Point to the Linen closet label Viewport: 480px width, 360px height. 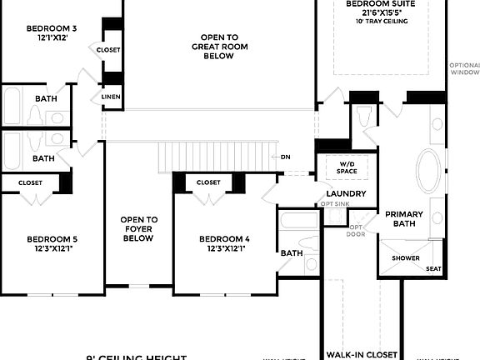(110, 97)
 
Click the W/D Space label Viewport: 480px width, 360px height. (347, 167)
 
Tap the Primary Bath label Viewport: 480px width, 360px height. (403, 219)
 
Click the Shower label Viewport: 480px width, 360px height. (406, 258)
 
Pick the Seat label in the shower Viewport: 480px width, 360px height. (433, 268)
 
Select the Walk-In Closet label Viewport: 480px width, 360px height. (360, 352)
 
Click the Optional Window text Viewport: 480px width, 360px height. (464, 69)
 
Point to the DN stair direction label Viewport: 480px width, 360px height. (285, 157)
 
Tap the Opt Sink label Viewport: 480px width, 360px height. (335, 204)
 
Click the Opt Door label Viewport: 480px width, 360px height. (356, 230)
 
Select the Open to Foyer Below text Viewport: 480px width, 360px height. (138, 229)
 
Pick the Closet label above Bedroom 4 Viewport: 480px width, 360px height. (208, 182)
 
